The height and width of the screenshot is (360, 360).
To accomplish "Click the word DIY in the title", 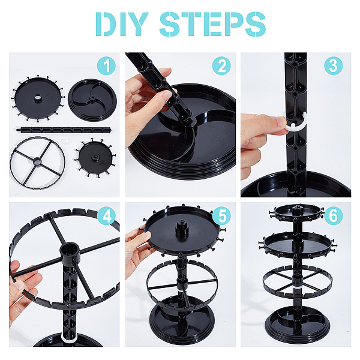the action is click(122, 24).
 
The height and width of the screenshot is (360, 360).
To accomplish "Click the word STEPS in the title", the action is click(212, 24).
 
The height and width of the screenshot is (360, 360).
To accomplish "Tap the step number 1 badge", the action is click(106, 66).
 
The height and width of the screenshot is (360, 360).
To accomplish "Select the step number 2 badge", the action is click(221, 66).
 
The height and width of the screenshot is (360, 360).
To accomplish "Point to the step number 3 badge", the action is click(334, 66).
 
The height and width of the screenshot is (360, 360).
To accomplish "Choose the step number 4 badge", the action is click(106, 216).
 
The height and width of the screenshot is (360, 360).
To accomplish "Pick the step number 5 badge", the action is click(221, 216).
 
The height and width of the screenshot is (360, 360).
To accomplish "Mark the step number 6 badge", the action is click(334, 216).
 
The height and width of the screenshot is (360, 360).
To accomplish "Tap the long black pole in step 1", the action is click(64, 130).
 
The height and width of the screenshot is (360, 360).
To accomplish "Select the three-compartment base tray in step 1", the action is click(92, 100).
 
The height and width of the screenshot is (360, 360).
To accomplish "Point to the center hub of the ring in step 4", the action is click(70, 252).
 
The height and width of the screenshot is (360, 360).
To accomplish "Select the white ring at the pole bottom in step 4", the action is click(70, 338).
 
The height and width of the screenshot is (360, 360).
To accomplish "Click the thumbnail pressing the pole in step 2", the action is click(166, 95).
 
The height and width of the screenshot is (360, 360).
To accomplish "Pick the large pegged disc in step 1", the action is click(37, 98).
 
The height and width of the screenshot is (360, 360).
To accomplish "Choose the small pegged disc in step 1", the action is click(95, 158).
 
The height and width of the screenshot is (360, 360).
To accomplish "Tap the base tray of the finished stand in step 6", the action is click(298, 324).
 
